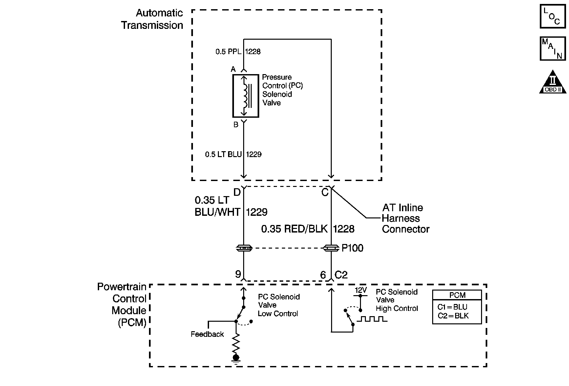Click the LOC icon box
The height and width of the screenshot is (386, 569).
553,16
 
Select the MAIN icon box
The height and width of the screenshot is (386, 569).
553,49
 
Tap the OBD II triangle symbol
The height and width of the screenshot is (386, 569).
553,82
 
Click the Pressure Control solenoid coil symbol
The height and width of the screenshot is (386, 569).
246,96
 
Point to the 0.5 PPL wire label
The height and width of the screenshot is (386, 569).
229,51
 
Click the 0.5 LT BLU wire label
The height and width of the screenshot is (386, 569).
223,154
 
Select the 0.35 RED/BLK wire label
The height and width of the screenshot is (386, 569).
294,229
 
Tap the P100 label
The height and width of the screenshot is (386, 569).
352,248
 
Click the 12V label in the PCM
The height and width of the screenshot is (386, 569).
360,290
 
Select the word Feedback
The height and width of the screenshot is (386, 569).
207,334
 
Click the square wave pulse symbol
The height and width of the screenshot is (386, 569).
372,318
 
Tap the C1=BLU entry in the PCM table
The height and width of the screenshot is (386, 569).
452,307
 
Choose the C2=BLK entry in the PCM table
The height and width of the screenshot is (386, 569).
453,316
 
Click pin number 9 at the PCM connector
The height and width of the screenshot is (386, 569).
238,274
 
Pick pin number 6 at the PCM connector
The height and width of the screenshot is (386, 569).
323,275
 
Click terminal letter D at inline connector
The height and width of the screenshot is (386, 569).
237,192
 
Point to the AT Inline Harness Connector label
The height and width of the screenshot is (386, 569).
406,218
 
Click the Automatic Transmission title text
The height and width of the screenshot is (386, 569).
152,19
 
